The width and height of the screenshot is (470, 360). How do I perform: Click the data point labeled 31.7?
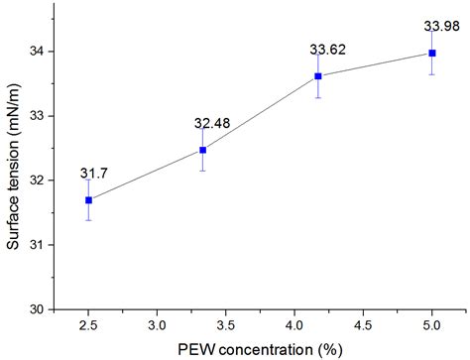(88, 199)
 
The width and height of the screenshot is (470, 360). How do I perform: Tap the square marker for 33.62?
(317, 76)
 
